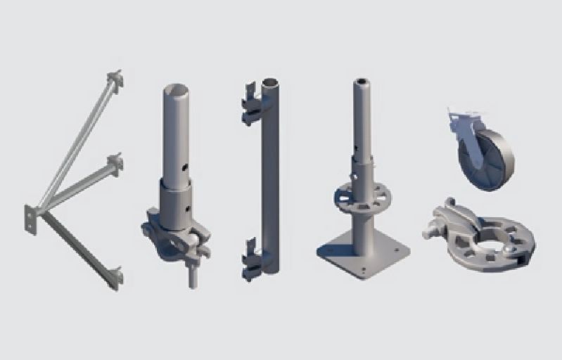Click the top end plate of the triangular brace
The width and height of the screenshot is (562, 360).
click(x=115, y=80)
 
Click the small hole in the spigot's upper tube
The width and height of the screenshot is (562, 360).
click(x=184, y=167)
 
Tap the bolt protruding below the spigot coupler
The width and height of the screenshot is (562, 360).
click(x=191, y=278)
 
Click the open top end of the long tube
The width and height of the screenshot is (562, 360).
click(x=270, y=83)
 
